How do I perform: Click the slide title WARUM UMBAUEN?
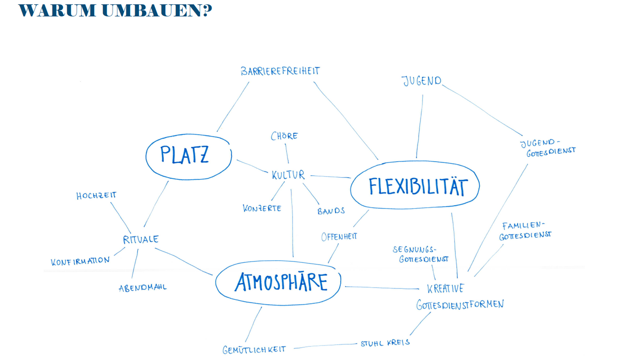pyautogui.click(x=115, y=11)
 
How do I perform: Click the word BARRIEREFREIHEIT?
pyautogui.click(x=280, y=71)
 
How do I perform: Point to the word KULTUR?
pyautogui.click(x=288, y=175)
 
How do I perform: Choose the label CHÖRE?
pyautogui.click(x=284, y=136)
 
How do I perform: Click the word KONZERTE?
pyautogui.click(x=262, y=208)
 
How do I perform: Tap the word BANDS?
pyautogui.click(x=331, y=211)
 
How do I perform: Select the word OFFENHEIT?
pyautogui.click(x=339, y=236)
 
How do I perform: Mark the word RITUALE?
pyautogui.click(x=141, y=239)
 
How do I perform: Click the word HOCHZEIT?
pyautogui.click(x=96, y=195)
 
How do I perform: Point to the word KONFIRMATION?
pyautogui.click(x=80, y=261)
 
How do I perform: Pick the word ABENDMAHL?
pyautogui.click(x=143, y=288)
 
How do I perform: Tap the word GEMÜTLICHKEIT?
pyautogui.click(x=254, y=349)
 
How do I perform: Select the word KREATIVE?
pyautogui.click(x=445, y=289)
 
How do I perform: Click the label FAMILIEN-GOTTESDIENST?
pyautogui.click(x=525, y=231)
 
